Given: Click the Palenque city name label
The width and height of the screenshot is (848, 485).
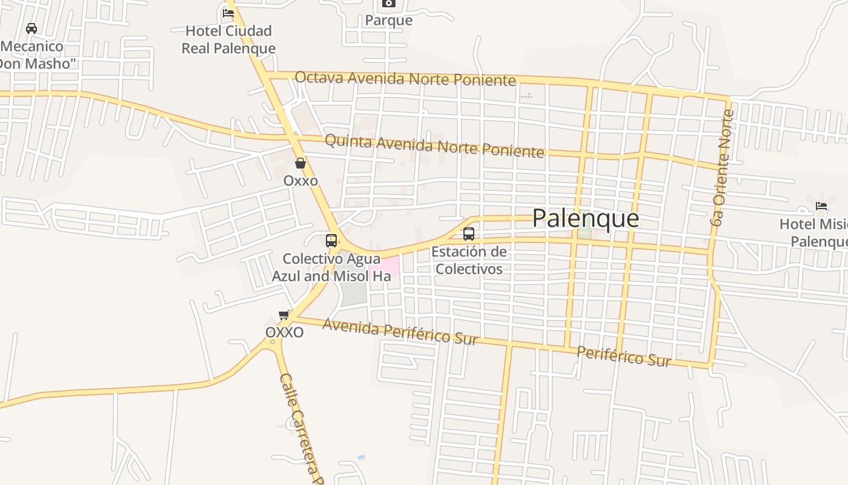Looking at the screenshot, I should coord(585,218).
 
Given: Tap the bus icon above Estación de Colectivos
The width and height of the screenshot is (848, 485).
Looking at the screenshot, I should coord(468,234).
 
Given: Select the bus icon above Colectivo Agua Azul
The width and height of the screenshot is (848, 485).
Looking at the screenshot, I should coord(331,240).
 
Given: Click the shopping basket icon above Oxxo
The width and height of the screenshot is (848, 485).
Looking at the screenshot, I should coord(300,163).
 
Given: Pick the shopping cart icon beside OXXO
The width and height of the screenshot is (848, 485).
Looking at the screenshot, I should coord(283,315).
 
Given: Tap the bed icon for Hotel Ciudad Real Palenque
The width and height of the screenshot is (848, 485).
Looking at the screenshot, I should coord(228,12).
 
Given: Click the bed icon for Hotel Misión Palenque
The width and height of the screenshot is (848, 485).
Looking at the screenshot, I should coord(821,206).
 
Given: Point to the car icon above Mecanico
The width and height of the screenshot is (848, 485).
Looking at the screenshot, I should coord(31,28).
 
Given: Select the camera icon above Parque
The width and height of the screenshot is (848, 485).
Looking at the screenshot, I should coord(388,4).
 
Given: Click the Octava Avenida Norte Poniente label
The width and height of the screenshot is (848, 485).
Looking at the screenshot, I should coord(405,79).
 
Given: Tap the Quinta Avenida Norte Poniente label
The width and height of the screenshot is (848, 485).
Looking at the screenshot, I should coord(434,145).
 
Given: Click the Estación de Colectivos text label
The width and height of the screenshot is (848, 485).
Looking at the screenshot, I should coord(469,260).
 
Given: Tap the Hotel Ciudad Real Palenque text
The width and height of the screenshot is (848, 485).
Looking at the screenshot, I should coord(228,39).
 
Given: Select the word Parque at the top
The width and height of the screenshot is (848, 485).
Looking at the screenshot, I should coord(388,21).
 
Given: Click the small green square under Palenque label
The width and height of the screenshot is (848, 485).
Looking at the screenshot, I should coord(584,232).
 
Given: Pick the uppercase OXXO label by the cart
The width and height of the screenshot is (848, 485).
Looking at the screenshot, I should coord(284,333).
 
